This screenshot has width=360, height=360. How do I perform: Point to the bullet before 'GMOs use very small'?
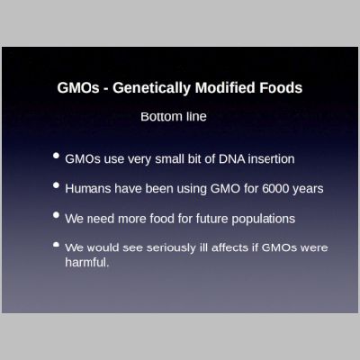(56, 157)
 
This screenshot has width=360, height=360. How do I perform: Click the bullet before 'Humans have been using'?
(56, 186)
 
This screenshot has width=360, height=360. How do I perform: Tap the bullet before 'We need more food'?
(56, 216)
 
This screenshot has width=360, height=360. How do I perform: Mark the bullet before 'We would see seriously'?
(56, 245)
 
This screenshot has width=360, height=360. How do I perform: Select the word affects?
(236, 247)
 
